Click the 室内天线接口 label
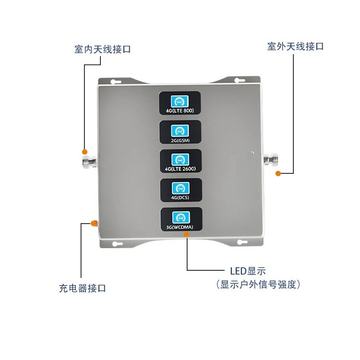tap(102, 49)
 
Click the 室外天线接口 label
tap(296, 47)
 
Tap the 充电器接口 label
tap(82, 288)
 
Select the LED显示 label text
tap(248, 271)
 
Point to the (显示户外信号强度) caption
tap(258, 285)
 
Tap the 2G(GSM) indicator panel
tap(180, 133)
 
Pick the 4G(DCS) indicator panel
tap(180, 191)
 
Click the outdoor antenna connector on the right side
tap(272, 158)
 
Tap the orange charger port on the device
tap(94, 223)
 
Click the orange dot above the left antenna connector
tap(84, 150)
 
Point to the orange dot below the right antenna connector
tap(277, 173)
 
